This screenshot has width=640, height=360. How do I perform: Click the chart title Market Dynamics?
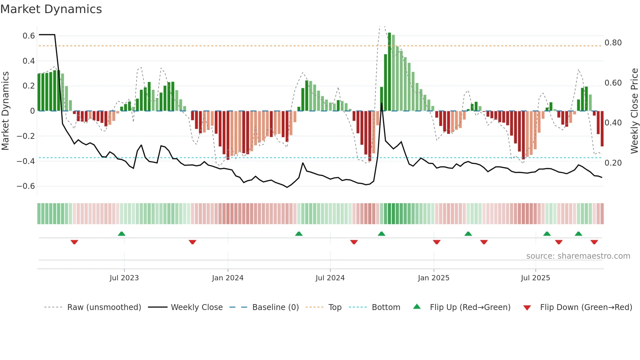pos(51,9)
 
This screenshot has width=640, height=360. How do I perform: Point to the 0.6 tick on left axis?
pos(28,36)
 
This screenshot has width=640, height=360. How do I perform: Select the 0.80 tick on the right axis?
pos(613,43)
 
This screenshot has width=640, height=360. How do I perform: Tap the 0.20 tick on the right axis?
pos(613,163)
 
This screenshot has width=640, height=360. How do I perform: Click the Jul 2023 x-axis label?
pos(124,278)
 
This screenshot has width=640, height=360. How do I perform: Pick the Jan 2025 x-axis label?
pos(433,278)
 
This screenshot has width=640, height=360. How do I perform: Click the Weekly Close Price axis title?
pos(634,111)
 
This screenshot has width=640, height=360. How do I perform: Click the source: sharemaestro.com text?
pos(578,256)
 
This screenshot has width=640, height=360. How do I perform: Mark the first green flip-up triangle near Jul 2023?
pos(121,234)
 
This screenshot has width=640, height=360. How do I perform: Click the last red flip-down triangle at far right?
pos(594,242)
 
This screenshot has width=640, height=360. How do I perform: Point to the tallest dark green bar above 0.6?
pos(389,72)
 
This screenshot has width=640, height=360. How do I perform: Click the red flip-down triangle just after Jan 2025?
pos(437,242)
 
